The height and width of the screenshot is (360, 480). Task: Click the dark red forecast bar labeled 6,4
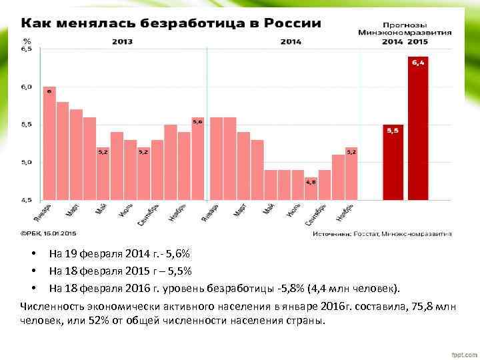[x=418, y=128]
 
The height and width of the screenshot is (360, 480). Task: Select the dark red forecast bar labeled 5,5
[x=393, y=162]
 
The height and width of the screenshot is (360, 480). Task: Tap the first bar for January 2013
[x=49, y=143]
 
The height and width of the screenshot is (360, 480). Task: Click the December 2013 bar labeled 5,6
[x=197, y=158]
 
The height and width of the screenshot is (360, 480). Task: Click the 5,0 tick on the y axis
[x=26, y=162]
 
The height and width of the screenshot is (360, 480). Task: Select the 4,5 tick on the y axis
[x=26, y=199]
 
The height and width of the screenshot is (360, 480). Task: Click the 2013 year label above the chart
[x=122, y=41]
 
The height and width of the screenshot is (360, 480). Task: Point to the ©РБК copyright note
[x=48, y=233]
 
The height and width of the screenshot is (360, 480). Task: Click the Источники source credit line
[x=383, y=233]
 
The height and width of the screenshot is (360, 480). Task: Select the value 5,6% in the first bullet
[x=176, y=254]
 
